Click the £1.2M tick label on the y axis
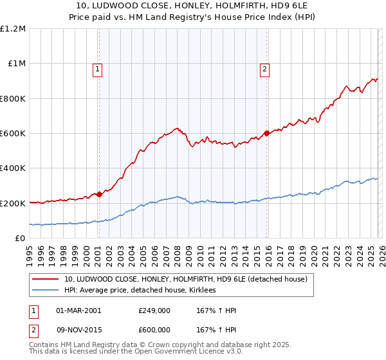[x=13, y=29]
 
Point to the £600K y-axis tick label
[x=13, y=134]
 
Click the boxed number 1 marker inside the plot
[x=97, y=71]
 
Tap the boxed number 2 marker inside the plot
[x=264, y=71]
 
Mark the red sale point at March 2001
[x=99, y=195]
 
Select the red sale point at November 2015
[x=266, y=134]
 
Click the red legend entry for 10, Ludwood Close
[x=186, y=279]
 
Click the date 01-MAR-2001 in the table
[x=78, y=310]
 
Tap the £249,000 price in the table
[x=154, y=310]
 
